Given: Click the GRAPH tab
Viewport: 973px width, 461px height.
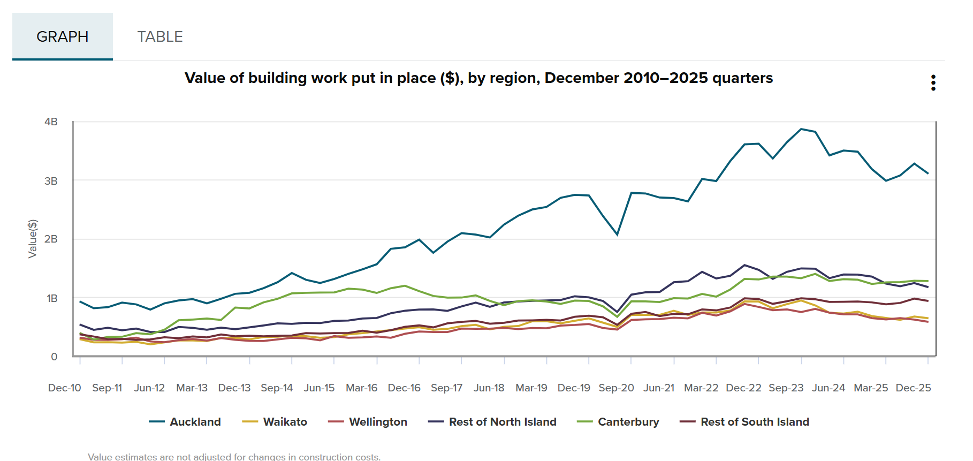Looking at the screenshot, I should pyautogui.click(x=63, y=36).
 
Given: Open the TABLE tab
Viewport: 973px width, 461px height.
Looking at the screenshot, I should pyautogui.click(x=160, y=36).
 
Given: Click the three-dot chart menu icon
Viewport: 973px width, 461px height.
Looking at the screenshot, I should pyautogui.click(x=933, y=83).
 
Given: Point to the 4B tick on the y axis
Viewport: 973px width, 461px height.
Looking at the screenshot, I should pyautogui.click(x=51, y=122).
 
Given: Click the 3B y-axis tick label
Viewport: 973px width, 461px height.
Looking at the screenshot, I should pyautogui.click(x=51, y=181).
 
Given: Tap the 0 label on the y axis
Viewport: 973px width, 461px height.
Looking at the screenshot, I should pyautogui.click(x=54, y=357).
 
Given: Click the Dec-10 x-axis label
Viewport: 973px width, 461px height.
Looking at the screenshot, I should pyautogui.click(x=65, y=388).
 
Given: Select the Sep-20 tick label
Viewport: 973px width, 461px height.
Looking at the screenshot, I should pyautogui.click(x=616, y=388).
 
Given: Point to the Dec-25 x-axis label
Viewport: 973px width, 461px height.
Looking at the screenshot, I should pyautogui.click(x=913, y=388).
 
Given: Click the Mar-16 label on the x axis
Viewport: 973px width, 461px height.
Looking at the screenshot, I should pyautogui.click(x=361, y=388).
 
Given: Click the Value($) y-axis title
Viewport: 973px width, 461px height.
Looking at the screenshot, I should pyautogui.click(x=33, y=239).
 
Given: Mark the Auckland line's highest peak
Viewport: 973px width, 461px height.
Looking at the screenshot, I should pyautogui.click(x=801, y=129).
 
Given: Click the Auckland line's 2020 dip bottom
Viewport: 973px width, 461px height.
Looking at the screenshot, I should pyautogui.click(x=617, y=235).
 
